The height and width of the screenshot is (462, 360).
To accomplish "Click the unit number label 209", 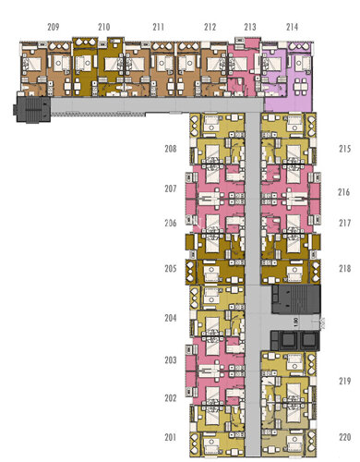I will [x=53, y=28].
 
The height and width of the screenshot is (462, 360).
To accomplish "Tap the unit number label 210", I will [x=104, y=28].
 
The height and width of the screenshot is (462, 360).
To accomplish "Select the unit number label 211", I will [x=159, y=28].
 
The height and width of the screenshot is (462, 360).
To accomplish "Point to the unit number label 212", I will [x=210, y=28].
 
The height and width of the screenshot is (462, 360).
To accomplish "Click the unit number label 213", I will [x=250, y=28].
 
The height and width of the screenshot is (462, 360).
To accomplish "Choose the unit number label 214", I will [x=292, y=28].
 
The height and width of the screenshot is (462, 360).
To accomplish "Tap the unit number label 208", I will [x=171, y=149].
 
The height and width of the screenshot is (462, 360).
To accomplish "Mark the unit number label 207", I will [x=171, y=188].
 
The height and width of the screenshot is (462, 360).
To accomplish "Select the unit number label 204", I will [x=171, y=318].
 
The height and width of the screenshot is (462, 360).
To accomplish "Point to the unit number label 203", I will [x=171, y=359].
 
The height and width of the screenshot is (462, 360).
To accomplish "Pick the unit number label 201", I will [x=171, y=436].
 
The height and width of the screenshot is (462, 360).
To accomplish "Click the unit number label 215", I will [x=344, y=149].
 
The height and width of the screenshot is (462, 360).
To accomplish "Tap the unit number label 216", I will [x=344, y=192].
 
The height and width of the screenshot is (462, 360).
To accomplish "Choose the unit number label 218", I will [x=344, y=269].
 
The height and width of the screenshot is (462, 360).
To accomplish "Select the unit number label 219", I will [x=344, y=381].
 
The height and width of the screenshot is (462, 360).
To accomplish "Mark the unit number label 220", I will [x=344, y=436].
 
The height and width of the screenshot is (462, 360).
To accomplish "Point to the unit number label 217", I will [x=344, y=224].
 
